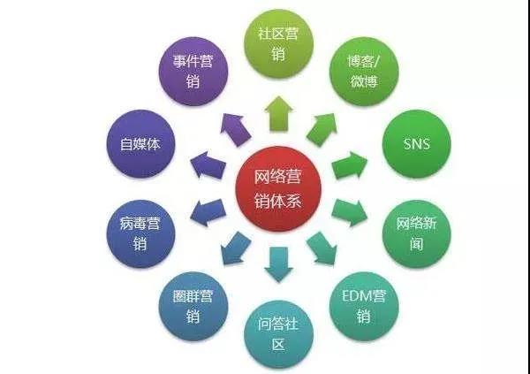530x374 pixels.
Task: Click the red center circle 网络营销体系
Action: point(278,189)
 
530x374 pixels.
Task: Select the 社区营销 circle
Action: point(279,44)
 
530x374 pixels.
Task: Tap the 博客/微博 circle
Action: point(364,72)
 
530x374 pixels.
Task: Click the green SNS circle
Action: point(417,144)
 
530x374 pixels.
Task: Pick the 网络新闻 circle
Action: point(417,233)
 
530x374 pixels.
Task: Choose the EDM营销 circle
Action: point(364,306)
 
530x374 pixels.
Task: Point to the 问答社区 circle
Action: point(279,334)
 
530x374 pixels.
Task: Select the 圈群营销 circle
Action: point(193,306)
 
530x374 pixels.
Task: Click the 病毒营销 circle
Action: point(140,233)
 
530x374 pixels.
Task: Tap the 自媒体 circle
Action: point(140,144)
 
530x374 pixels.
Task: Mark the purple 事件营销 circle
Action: point(193,72)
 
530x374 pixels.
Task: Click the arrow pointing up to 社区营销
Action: point(279,114)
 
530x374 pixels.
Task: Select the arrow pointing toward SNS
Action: point(350,165)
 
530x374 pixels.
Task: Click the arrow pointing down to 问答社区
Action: point(279,264)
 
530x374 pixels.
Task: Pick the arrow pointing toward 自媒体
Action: point(208,165)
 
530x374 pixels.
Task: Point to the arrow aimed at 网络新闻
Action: point(350,213)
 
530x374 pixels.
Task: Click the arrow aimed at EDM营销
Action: point(322,248)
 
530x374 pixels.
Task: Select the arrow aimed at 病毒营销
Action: point(208,213)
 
